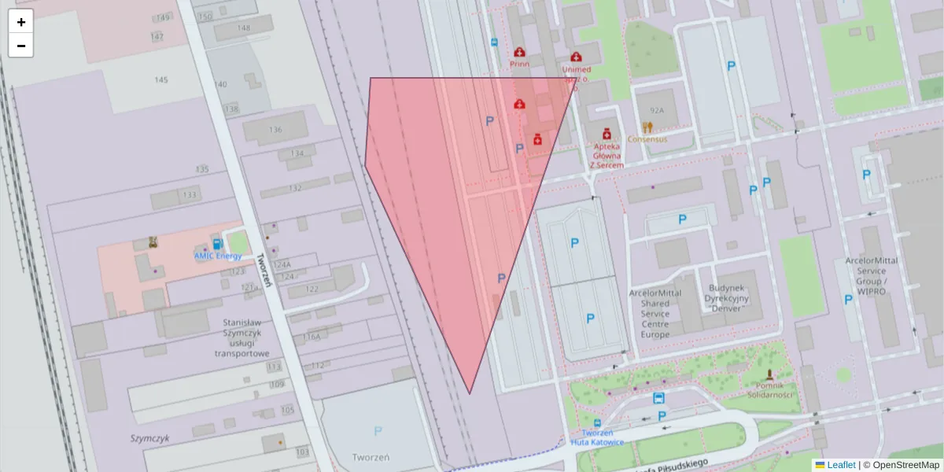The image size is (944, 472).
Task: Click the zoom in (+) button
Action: tap(21, 22)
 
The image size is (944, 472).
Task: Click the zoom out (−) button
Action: tap(21, 46)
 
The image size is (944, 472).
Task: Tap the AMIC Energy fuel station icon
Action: tap(216, 243)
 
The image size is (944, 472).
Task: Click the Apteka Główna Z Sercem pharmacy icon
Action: tap(607, 135)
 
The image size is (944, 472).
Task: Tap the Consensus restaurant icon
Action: tap(647, 127)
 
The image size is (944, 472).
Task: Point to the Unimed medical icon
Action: tap(576, 57)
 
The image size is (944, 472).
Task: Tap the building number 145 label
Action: tap(161, 80)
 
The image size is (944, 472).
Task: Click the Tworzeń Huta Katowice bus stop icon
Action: tap(597, 422)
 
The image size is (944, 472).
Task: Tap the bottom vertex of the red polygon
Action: tap(470, 394)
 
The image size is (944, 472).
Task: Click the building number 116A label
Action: tap(312, 337)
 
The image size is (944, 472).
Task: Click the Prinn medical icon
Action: tap(519, 52)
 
